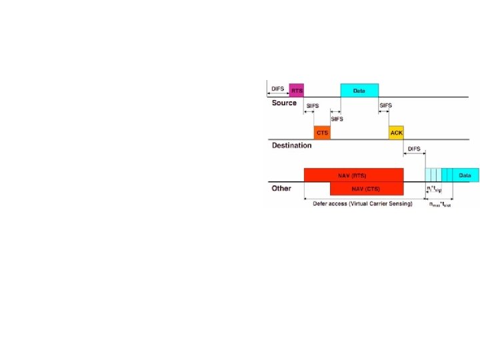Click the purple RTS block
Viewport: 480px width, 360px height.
296,90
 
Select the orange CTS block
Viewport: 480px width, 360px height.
322,132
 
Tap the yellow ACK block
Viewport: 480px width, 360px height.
396,132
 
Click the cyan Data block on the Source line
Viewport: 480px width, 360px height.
359,90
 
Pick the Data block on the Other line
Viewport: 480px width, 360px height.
465,175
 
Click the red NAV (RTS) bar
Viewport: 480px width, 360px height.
353,175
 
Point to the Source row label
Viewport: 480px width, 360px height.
284,103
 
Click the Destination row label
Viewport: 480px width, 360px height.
291,145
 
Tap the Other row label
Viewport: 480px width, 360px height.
281,189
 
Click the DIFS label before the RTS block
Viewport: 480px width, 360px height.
277,88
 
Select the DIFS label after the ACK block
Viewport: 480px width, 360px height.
414,149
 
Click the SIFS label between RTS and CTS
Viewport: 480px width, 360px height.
312,106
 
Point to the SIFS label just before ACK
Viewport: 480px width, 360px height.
385,105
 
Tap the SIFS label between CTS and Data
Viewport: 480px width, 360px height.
337,119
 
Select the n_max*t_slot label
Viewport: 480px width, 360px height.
440,205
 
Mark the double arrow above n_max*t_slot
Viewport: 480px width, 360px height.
439,198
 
